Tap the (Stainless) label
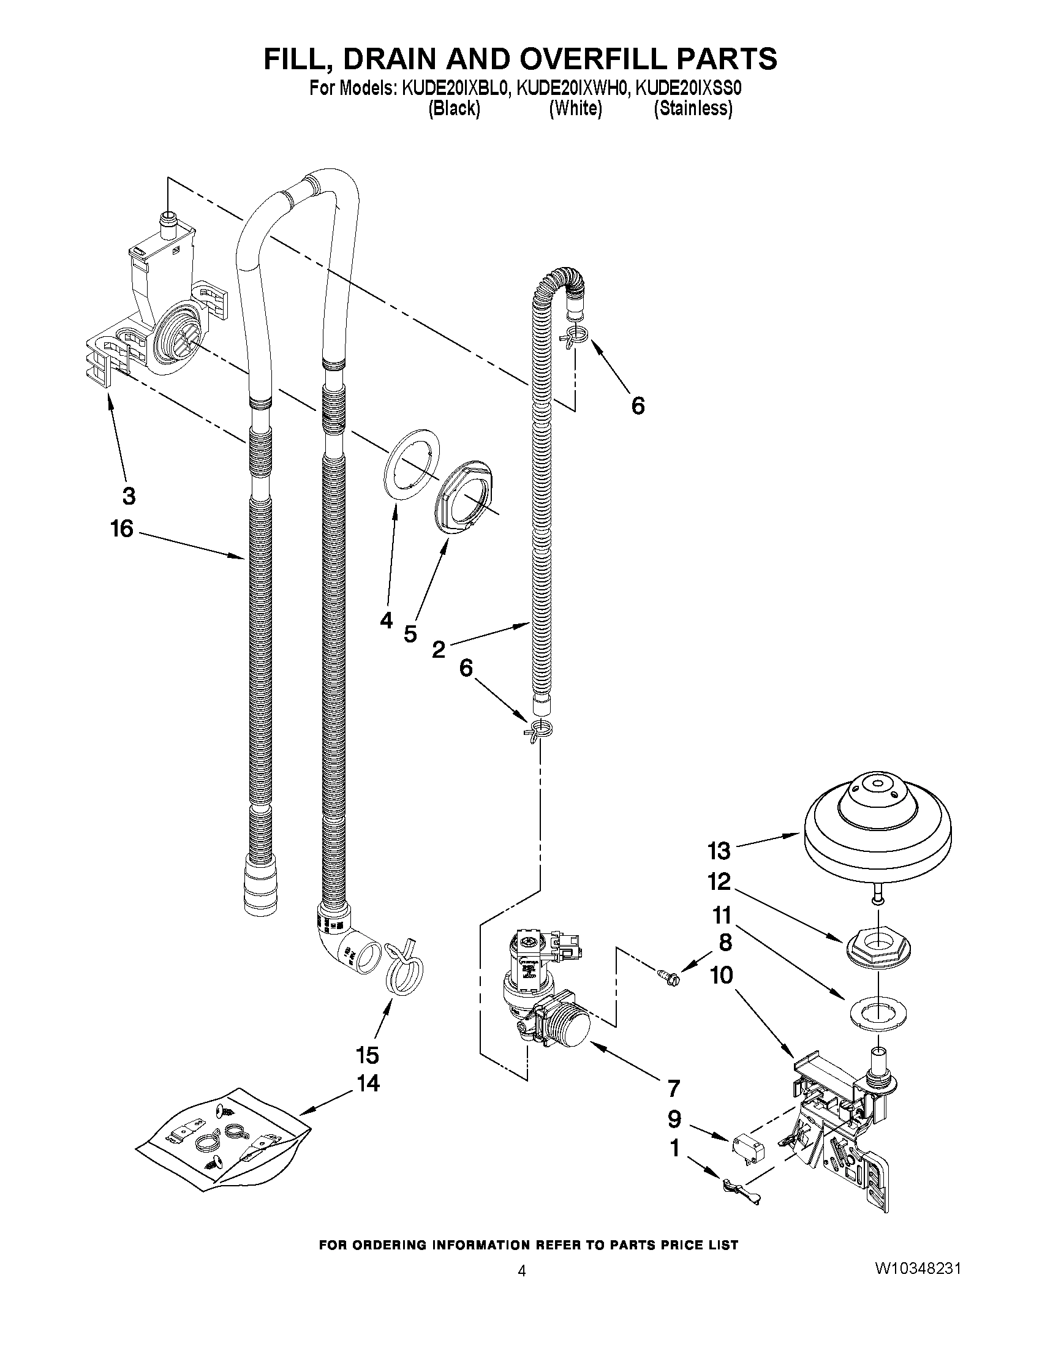[693, 108]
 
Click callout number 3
[129, 495]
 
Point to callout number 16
[122, 529]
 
